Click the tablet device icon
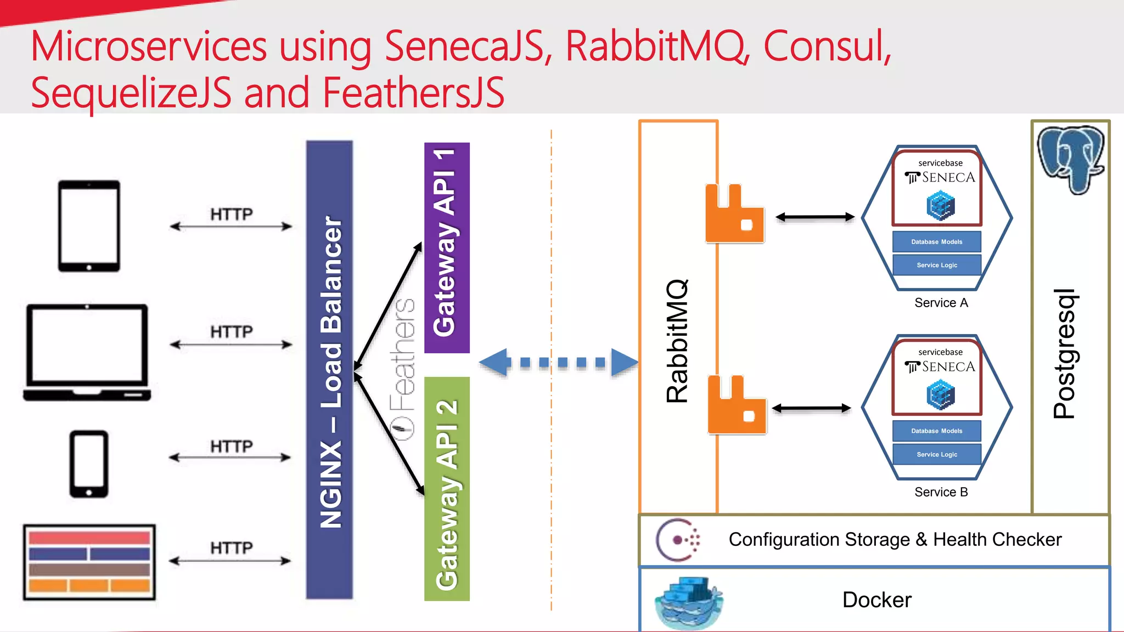89,225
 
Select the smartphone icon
89,464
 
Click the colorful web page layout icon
89,562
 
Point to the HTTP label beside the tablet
232,214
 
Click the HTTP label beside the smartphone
232,446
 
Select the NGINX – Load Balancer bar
329,370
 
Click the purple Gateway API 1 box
447,247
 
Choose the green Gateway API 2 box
447,488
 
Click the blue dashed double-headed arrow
558,362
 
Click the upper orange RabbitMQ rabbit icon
734,215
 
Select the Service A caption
941,303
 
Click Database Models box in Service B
936,431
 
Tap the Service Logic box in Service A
936,265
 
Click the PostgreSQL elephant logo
1070,158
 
